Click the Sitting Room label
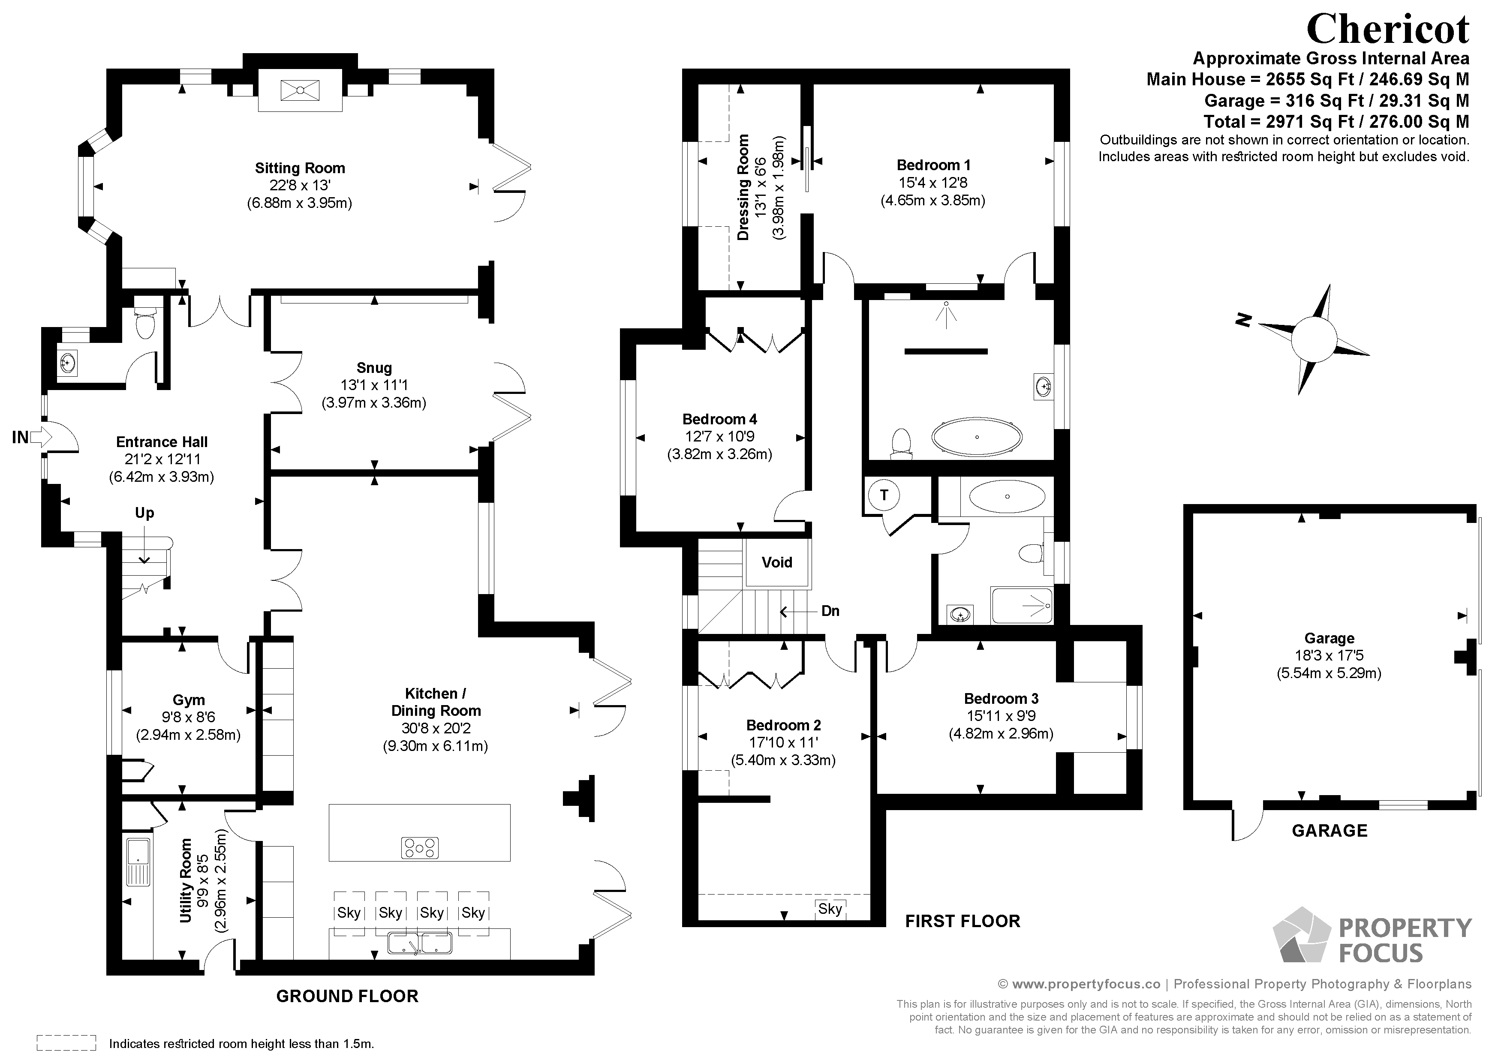point(300,168)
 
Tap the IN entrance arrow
point(41,436)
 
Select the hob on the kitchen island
point(419,848)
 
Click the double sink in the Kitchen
point(419,943)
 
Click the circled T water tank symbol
point(884,495)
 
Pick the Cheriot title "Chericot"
point(1387,28)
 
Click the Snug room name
point(374,368)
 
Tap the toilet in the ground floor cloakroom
point(144,320)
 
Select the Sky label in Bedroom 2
point(830,908)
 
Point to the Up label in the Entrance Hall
point(144,513)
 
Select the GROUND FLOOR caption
point(347,996)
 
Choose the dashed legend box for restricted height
point(66,1043)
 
